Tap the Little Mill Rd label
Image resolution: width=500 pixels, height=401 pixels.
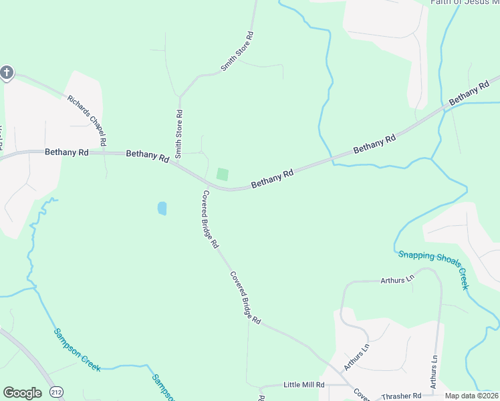[x=303, y=385]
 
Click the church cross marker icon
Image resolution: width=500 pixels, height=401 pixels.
[x=7, y=72]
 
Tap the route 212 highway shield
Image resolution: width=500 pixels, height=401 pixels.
[x=57, y=393]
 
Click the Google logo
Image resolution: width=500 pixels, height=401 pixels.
[x=22, y=393]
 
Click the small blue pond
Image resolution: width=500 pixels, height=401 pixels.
[x=162, y=209]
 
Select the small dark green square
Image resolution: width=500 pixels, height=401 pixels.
[x=223, y=174]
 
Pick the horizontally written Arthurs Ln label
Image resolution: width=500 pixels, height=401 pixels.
[x=397, y=281]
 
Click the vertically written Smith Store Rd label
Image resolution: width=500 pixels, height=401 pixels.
[x=179, y=134]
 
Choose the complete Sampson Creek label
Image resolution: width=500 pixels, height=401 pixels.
[x=76, y=348]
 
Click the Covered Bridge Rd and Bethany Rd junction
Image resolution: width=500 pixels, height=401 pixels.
[x=201, y=182]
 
